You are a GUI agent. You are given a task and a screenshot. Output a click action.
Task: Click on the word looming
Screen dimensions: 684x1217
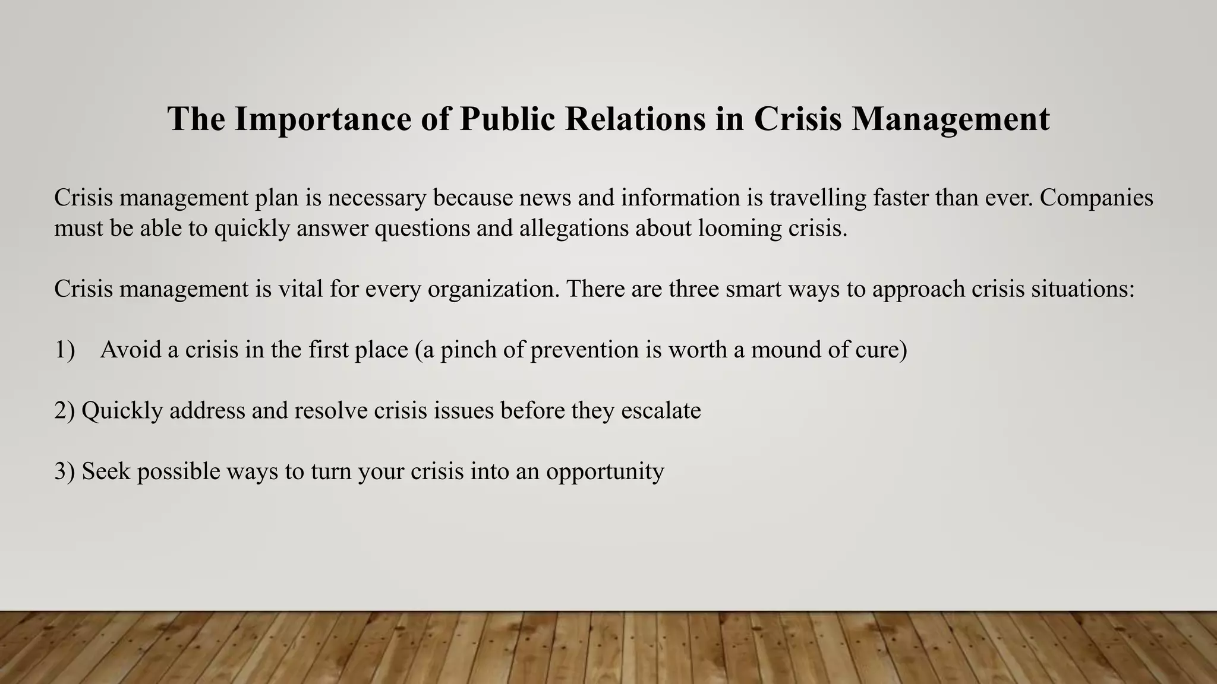[739, 229]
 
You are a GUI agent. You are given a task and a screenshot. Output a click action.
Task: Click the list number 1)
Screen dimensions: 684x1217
[64, 350]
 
